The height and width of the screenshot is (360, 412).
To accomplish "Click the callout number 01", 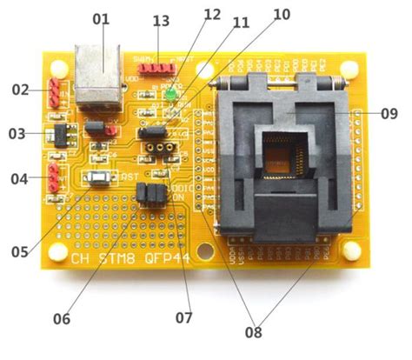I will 103,17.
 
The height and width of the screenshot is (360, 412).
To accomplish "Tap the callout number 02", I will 20,90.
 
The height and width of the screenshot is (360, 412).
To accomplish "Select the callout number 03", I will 18,134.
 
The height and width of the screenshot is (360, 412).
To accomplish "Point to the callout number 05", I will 19,252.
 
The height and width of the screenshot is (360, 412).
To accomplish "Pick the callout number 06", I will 61,318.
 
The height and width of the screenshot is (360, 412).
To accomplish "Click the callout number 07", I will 183,317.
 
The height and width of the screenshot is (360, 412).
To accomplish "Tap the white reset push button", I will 102,178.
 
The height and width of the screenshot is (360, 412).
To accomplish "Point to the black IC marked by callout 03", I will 63,134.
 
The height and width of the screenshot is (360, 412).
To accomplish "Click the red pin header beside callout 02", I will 54,90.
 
